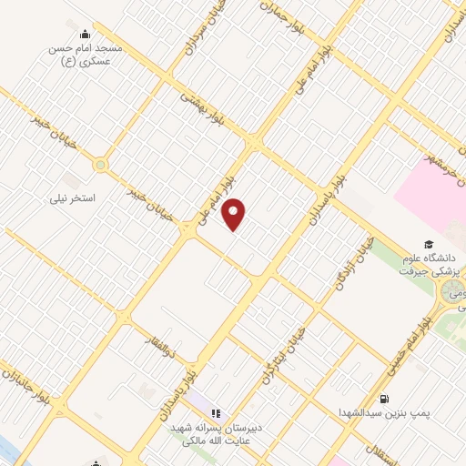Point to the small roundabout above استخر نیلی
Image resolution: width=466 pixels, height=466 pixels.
[x=99, y=165]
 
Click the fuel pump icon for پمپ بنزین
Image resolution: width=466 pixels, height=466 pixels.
[x=385, y=398]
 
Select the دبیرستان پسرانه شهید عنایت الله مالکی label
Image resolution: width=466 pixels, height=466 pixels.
[x=218, y=435]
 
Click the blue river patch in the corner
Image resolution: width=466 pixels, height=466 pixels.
[x=5, y=451]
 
